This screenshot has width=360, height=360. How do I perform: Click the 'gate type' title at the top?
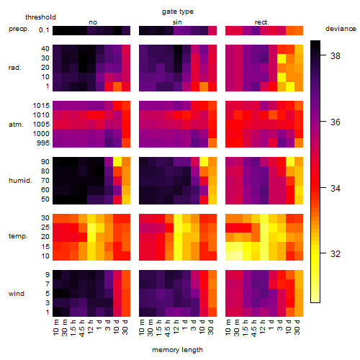178,12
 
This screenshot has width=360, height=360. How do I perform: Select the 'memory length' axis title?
177,350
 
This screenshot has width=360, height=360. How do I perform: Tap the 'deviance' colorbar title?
341,29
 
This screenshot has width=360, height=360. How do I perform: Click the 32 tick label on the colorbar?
336,254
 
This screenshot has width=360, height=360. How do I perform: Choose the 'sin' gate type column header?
177,22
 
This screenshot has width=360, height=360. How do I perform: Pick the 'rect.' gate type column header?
262,22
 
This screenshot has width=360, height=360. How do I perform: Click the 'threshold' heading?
40,17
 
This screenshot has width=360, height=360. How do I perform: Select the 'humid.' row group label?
20,181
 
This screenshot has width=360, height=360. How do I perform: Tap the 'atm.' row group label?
16,125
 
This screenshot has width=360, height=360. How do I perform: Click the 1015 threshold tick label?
41,106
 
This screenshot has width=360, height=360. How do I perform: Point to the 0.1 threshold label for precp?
44,30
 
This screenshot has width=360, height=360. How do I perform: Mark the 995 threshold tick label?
43,143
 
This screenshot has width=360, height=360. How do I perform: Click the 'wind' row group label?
17,294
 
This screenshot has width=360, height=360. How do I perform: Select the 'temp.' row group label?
18,236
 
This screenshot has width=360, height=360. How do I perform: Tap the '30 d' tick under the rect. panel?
297,327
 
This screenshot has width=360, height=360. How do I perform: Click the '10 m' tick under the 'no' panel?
55,327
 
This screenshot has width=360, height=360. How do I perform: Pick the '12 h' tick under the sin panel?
176,327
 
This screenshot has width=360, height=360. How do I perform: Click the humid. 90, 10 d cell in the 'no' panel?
117,162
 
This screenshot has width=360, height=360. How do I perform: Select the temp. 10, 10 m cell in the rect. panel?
230,256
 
